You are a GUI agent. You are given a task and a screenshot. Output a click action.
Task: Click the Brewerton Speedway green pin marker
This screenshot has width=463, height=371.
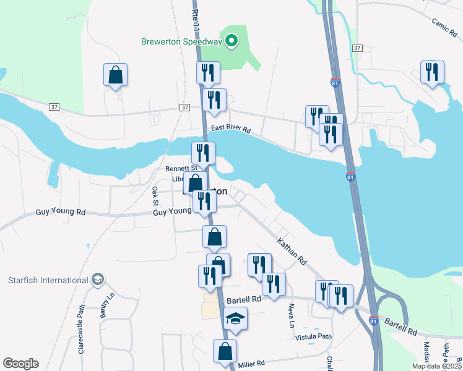[231, 41]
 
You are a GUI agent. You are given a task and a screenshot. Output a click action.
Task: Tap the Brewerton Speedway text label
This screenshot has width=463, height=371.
[181, 41]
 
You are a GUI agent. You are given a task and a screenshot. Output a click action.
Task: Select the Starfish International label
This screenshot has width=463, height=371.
[48, 280]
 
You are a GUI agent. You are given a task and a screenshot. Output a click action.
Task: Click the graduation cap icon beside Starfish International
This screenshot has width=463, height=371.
[98, 280]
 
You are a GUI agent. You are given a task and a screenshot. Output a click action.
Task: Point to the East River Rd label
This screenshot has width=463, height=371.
[230, 129]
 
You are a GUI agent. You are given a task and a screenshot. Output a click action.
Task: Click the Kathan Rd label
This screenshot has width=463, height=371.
[292, 252]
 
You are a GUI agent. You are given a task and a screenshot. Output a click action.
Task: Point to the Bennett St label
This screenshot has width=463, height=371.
[181, 168]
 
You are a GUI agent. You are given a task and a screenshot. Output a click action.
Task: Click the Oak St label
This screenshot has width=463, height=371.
[155, 196]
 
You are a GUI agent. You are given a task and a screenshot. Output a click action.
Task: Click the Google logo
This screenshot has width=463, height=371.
[20, 364]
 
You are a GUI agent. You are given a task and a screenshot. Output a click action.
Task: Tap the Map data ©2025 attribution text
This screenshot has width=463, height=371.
[436, 366]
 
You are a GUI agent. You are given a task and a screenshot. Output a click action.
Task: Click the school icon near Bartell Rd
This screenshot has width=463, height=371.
[235, 318]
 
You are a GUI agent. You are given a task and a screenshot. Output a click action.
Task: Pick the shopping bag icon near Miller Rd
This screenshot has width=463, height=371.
[225, 350]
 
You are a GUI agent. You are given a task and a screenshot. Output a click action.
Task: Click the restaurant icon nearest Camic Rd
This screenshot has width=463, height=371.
[432, 71]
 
